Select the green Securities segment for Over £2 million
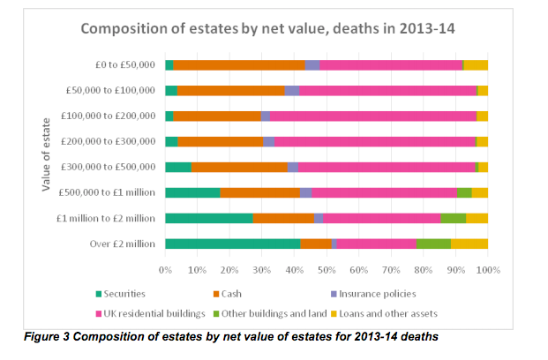[232, 244]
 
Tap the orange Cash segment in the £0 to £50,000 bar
[239, 64]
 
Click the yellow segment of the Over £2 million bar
[469, 244]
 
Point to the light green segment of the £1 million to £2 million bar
[454, 218]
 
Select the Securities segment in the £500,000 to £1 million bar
[192, 192]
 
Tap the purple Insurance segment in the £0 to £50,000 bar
[312, 64]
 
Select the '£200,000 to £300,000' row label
[110, 141]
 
